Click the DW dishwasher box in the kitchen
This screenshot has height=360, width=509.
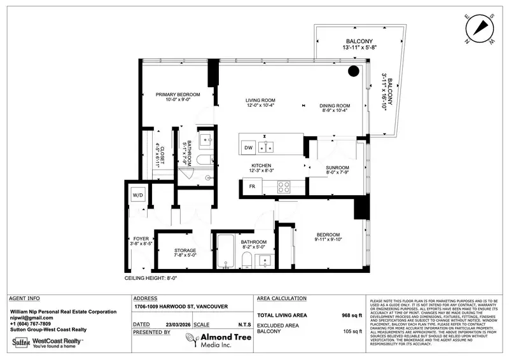(x=249, y=148)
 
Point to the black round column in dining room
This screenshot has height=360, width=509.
(x=352, y=71)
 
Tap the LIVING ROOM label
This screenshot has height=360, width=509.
(x=261, y=100)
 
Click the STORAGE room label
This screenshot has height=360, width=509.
(x=185, y=251)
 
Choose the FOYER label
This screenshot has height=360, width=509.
(x=141, y=239)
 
